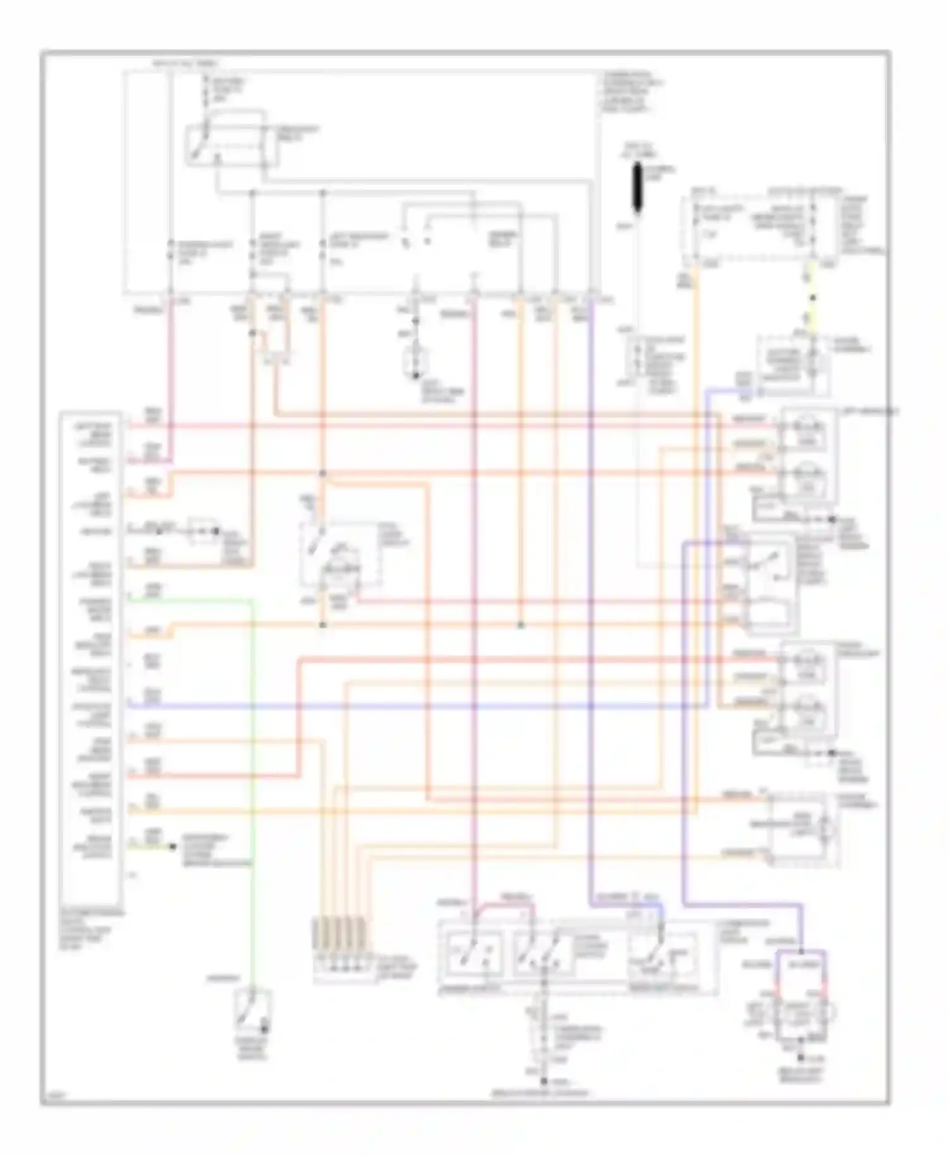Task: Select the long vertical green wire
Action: pyautogui.click(x=253, y=759)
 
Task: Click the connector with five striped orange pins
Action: pyautogui.click(x=339, y=949)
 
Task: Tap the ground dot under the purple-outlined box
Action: pyautogui.click(x=801, y=1057)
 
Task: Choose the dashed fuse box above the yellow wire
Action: pyautogui.click(x=752, y=228)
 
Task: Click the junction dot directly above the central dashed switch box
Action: pyautogui.click(x=322, y=473)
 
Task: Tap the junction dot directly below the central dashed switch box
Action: pyautogui.click(x=322, y=625)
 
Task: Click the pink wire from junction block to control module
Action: pyautogui.click(x=171, y=379)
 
